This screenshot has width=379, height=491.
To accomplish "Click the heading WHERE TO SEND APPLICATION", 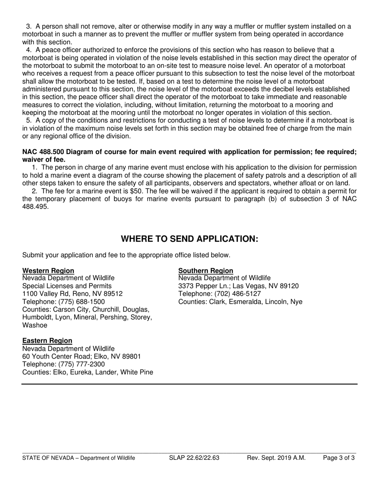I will coord(189,239).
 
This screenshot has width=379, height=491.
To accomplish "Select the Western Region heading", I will coord(48,270).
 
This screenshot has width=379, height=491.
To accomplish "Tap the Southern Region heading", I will coord(205,270).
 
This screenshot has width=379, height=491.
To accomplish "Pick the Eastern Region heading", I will coord(47,341).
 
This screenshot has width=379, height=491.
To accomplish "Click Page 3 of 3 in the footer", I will coord(338,458).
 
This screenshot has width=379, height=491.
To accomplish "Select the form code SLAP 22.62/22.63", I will coord(194,458).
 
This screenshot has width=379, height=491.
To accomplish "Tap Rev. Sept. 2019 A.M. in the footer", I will coord(276,458).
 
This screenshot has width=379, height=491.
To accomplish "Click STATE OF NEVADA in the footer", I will coord(48,458).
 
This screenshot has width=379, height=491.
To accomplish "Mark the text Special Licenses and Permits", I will coord(67,286).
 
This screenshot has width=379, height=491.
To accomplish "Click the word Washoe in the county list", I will coord(34,325).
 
